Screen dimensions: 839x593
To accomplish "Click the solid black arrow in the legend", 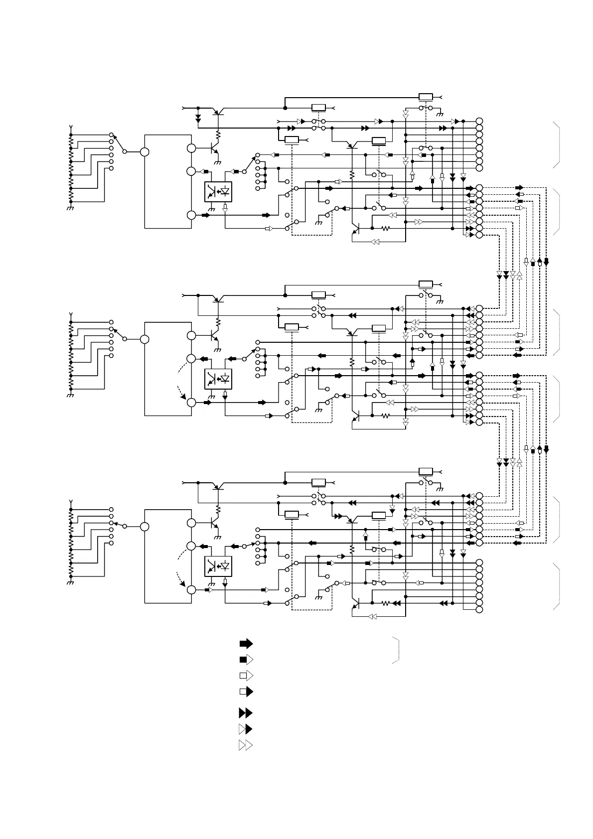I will pyautogui.click(x=246, y=643).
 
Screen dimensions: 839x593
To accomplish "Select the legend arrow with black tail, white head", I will pyautogui.click(x=246, y=660).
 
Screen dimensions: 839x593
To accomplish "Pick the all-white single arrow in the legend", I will pyautogui.click(x=246, y=676).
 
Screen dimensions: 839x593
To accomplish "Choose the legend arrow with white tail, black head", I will pyautogui.click(x=246, y=692).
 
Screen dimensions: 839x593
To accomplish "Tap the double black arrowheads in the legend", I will pyautogui.click(x=246, y=713).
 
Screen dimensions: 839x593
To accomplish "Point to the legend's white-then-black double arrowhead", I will pyautogui.click(x=246, y=729).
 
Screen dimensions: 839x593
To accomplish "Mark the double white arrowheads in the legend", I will pyautogui.click(x=246, y=745).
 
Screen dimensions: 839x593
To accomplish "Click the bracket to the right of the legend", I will pyautogui.click(x=397, y=650).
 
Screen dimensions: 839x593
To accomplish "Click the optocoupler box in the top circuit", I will pyautogui.click(x=218, y=192).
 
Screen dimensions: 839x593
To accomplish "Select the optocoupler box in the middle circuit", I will pyautogui.click(x=218, y=379).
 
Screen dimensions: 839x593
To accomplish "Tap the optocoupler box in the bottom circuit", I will pyautogui.click(x=218, y=566).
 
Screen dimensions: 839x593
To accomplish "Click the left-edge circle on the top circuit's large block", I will pyautogui.click(x=145, y=151).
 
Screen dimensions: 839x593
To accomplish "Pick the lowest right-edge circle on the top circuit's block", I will pyautogui.click(x=191, y=215).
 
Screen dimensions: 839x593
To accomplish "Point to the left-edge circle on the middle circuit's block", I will pyautogui.click(x=145, y=339).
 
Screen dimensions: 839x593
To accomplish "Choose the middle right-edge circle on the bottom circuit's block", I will pyautogui.click(x=191, y=546).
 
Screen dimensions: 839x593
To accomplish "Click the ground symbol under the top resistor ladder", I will pyautogui.click(x=70, y=208).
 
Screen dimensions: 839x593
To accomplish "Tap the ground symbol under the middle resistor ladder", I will pyautogui.click(x=70, y=395).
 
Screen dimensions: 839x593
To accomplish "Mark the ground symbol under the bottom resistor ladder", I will pyautogui.click(x=70, y=582).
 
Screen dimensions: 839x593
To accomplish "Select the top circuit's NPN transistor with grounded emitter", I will pyautogui.click(x=215, y=148).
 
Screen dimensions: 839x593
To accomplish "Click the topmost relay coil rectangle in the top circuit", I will pyautogui.click(x=426, y=97).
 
